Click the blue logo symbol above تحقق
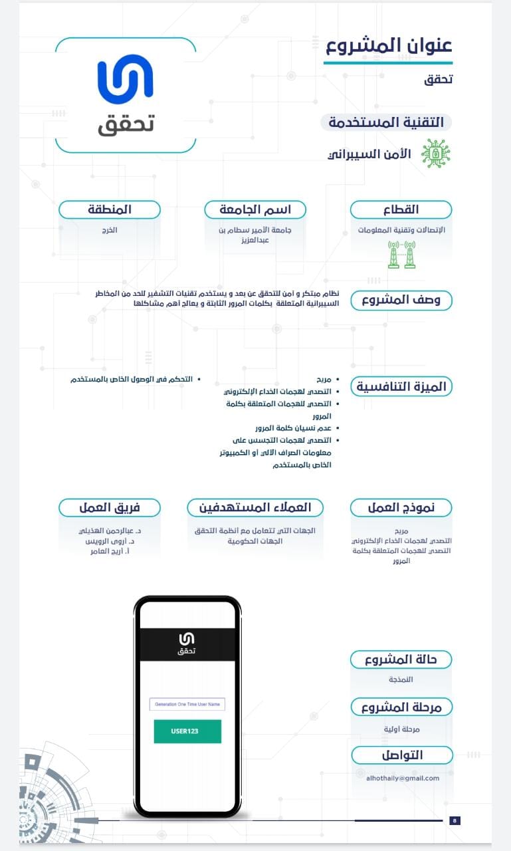pyautogui.click(x=125, y=79)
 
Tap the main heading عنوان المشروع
pyautogui.click(x=389, y=46)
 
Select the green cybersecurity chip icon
pyautogui.click(x=435, y=154)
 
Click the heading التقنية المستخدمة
pyautogui.click(x=386, y=122)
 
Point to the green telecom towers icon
pyautogui.click(x=401, y=254)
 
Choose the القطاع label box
pyautogui.click(x=401, y=209)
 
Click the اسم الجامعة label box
pyautogui.click(x=255, y=209)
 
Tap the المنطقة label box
pyautogui.click(x=110, y=209)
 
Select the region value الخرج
pyautogui.click(x=110, y=230)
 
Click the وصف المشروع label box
pyautogui.click(x=401, y=300)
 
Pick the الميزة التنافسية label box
pyautogui.click(x=401, y=386)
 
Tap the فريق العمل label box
pyautogui.click(x=110, y=508)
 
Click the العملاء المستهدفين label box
pyautogui.click(x=255, y=508)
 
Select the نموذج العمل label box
pyautogui.click(x=401, y=508)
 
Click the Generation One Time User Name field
pyautogui.click(x=187, y=704)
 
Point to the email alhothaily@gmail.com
pyautogui.click(x=403, y=778)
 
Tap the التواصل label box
pyautogui.click(x=402, y=755)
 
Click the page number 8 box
pyautogui.click(x=455, y=820)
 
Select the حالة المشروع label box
pyautogui.click(x=401, y=660)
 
